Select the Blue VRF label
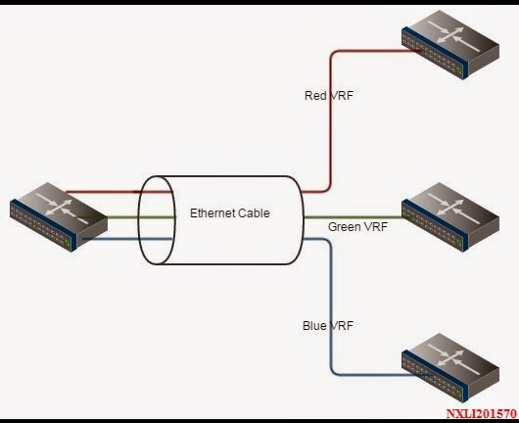pyautogui.click(x=327, y=325)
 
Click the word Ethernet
pyautogui.click(x=212, y=212)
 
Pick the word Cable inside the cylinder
pyautogui.click(x=252, y=212)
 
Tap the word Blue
pyautogui.click(x=314, y=325)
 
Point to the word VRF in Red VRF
pyautogui.click(x=342, y=96)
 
